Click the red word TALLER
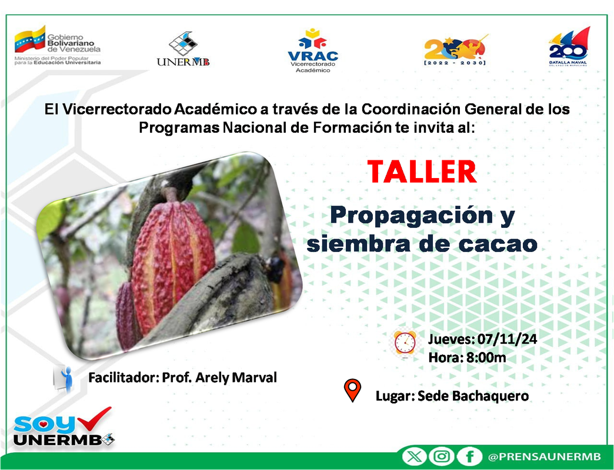(422, 172)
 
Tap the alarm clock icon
(405, 344)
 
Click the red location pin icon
(352, 390)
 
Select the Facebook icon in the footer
(469, 456)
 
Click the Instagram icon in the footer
(442, 456)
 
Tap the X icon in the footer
(415, 456)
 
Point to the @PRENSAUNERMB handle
(544, 456)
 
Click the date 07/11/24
(507, 339)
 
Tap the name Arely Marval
(236, 378)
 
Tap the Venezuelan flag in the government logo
(30, 39)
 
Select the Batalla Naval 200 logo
(568, 46)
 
